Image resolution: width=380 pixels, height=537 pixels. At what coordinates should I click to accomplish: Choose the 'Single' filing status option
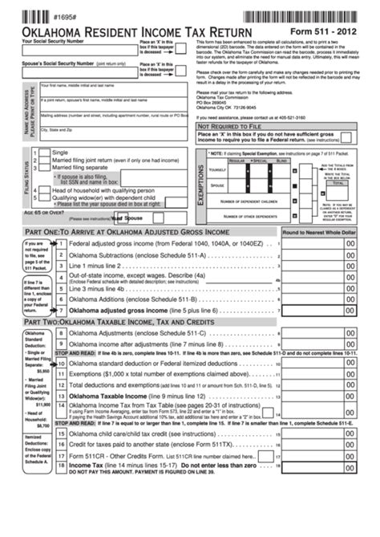click(x=60, y=152)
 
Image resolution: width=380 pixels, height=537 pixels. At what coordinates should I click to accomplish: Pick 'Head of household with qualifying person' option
click(x=115, y=190)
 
